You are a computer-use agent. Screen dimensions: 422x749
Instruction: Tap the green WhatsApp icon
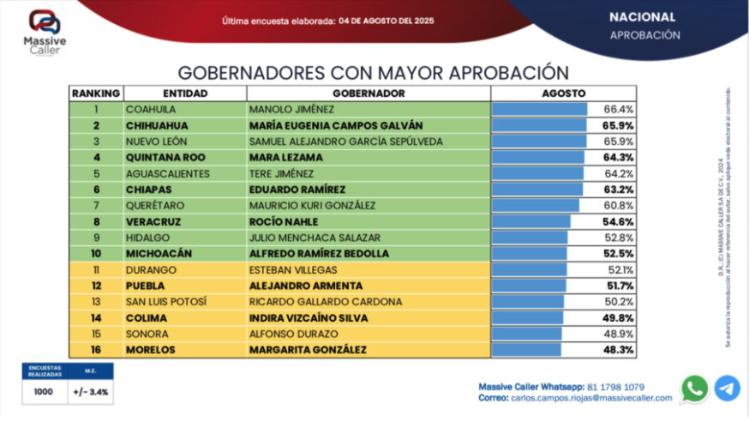click(694, 389)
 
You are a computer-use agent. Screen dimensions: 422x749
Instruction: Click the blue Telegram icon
click(727, 389)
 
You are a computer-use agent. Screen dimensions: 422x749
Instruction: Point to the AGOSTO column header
click(563, 93)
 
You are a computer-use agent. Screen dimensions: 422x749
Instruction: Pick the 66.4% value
click(619, 109)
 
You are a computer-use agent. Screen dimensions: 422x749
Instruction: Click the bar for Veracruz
click(531, 221)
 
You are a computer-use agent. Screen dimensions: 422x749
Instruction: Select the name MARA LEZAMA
click(285, 157)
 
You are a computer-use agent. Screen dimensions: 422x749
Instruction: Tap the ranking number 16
click(96, 350)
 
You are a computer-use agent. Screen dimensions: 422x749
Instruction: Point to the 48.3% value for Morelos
click(619, 350)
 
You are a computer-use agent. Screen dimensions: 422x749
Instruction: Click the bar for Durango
click(529, 269)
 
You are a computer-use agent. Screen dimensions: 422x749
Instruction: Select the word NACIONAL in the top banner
click(642, 17)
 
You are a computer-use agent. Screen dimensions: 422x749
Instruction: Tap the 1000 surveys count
click(43, 392)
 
